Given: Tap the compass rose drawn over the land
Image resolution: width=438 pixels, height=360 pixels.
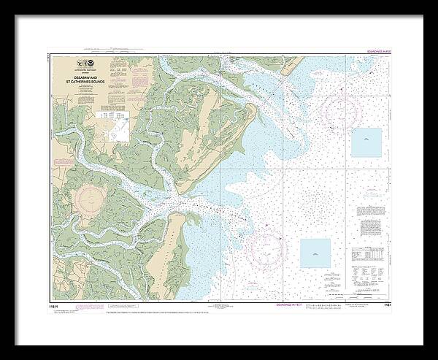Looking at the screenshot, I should click(x=91, y=199).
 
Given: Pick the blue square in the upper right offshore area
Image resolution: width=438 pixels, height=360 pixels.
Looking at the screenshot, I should click(x=366, y=142).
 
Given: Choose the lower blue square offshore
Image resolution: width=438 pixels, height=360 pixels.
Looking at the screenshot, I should click(x=315, y=252).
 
